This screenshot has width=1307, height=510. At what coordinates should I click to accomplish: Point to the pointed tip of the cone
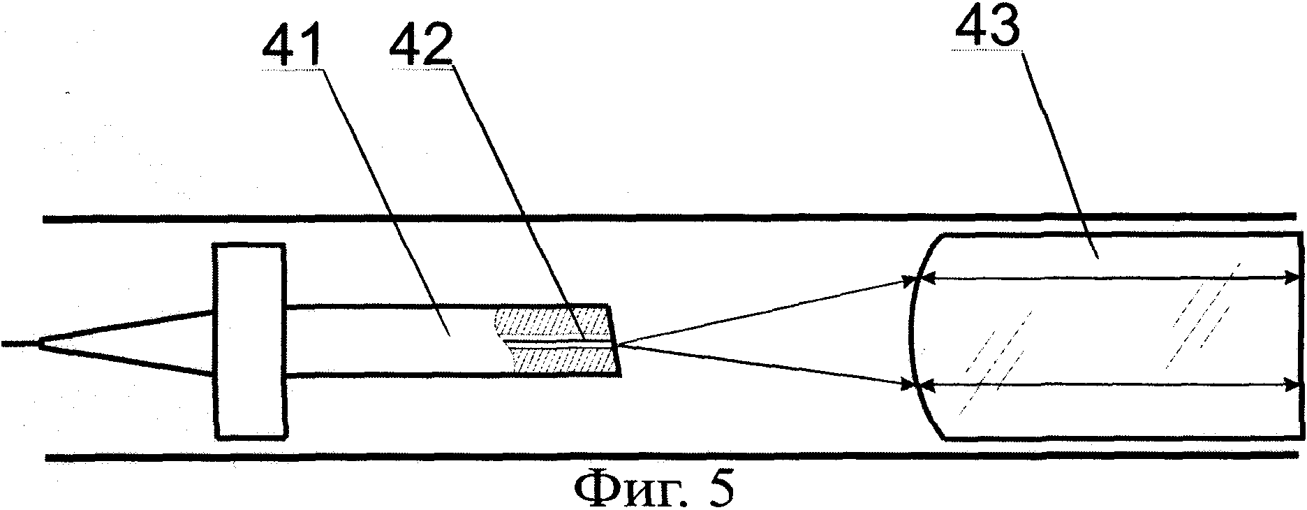[x=40, y=343]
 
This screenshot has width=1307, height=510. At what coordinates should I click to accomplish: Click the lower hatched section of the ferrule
[x=562, y=360]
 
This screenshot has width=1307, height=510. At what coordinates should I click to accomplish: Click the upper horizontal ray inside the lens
[x=1103, y=298]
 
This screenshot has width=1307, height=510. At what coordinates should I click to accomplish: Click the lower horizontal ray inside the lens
[x=1103, y=384]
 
